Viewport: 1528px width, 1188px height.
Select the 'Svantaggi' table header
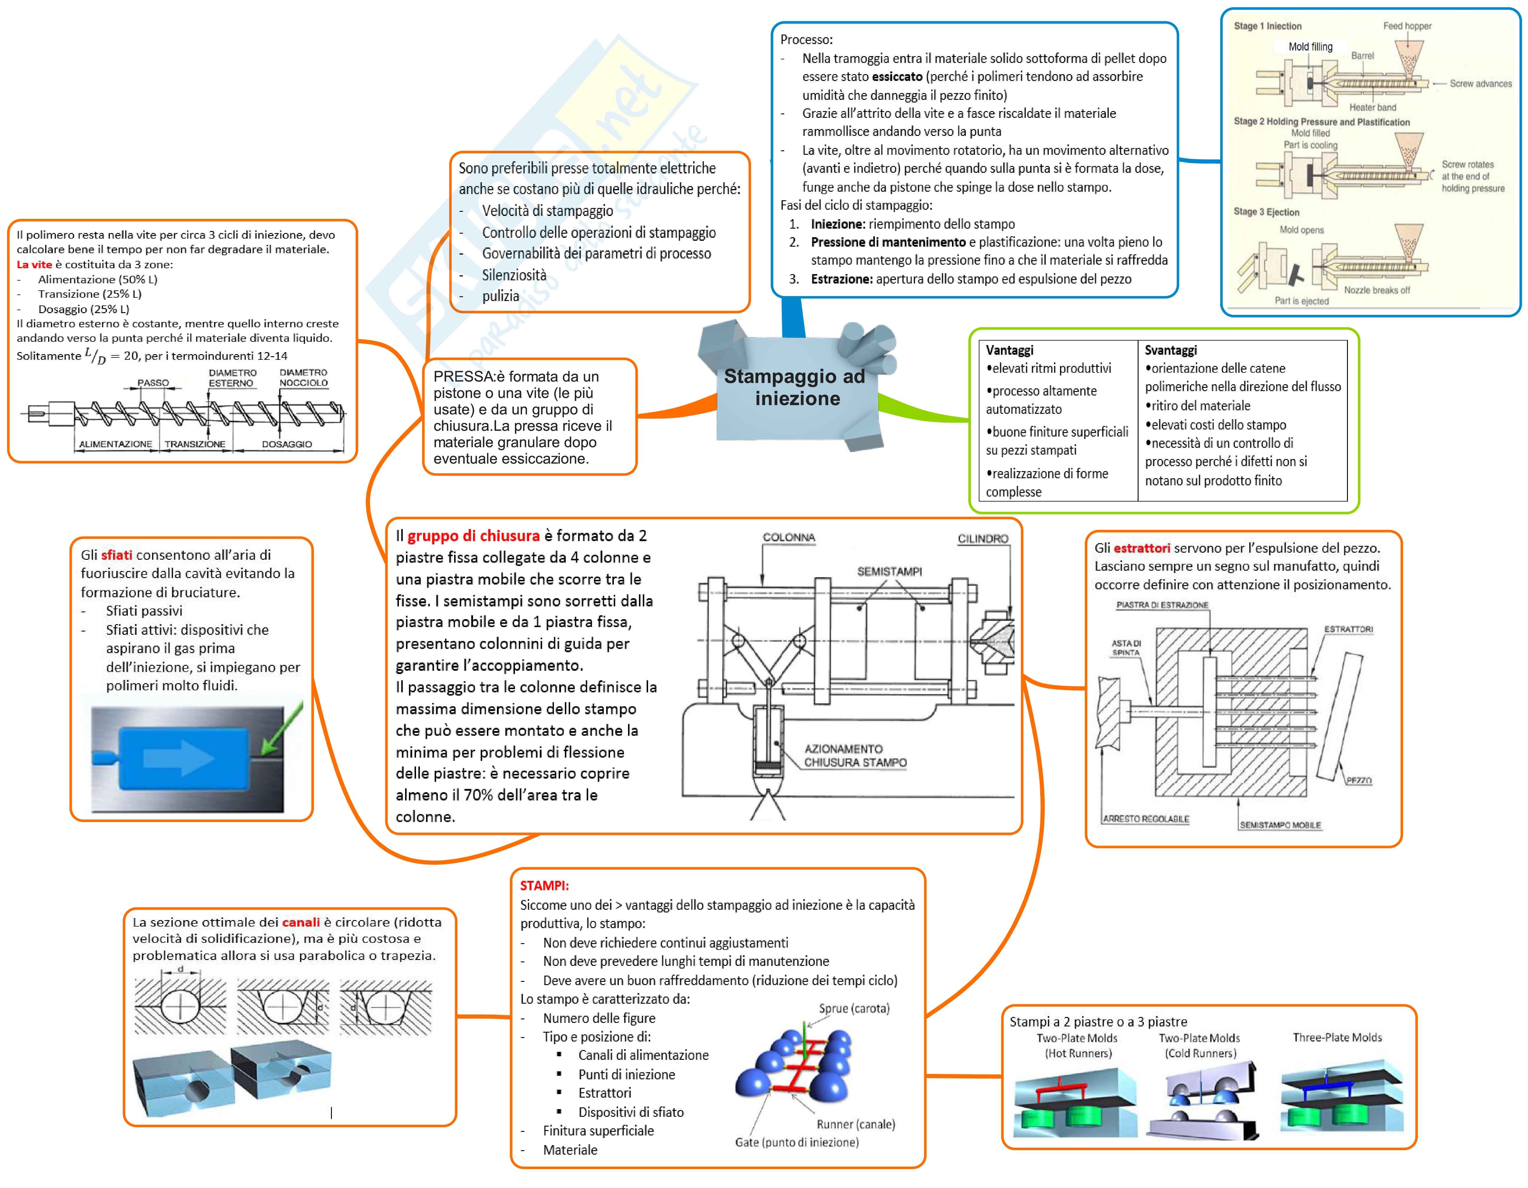pyautogui.click(x=1170, y=350)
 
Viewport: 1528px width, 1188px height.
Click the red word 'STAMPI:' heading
pyautogui.click(x=544, y=886)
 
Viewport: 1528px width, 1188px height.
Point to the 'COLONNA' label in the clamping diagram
pyautogui.click(x=788, y=538)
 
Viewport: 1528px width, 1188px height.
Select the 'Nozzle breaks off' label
pyautogui.click(x=1376, y=290)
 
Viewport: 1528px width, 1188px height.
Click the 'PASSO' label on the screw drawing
pyautogui.click(x=153, y=383)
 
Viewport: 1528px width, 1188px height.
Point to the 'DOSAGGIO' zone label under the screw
pyautogui.click(x=287, y=444)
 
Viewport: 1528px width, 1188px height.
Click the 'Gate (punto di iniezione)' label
pyautogui.click(x=796, y=1142)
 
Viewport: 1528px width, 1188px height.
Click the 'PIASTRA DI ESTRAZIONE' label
pyautogui.click(x=1162, y=605)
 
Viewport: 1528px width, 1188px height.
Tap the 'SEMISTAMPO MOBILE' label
pyautogui.click(x=1280, y=825)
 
